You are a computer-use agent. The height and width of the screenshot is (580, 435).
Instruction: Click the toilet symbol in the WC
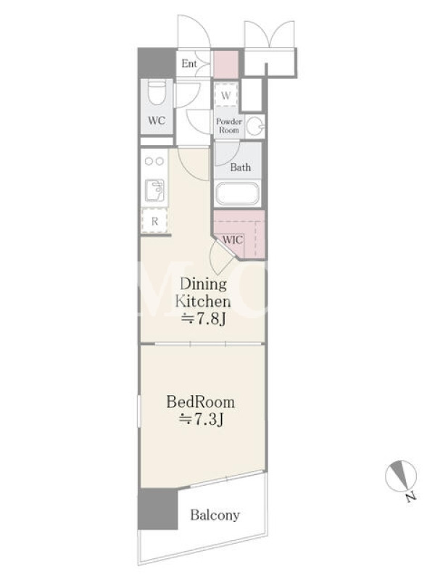[x=157, y=94]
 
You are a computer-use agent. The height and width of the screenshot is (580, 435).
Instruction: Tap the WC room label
[x=157, y=120]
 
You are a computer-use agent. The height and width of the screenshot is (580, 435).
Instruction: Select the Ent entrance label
[x=189, y=64]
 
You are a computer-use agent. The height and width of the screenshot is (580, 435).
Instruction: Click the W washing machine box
[x=225, y=95]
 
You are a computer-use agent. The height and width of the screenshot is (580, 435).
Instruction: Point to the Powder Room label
[x=229, y=125]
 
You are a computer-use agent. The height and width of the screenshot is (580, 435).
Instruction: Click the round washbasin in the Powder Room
[x=254, y=126]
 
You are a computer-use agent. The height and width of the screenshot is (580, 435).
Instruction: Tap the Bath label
[x=241, y=167]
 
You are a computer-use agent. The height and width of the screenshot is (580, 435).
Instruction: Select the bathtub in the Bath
[x=237, y=193]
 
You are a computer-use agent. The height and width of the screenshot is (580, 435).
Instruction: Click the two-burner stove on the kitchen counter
[x=154, y=161]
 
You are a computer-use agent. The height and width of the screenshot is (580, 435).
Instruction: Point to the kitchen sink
[x=154, y=190]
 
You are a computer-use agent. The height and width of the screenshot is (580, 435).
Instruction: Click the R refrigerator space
[x=154, y=221]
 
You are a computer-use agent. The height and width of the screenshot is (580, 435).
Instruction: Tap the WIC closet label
[x=233, y=240]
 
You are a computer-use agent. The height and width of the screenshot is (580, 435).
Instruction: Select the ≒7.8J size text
[x=203, y=319]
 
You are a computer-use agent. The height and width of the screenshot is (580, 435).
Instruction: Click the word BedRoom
[x=201, y=402]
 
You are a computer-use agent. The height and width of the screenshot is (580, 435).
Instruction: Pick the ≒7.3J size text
[x=201, y=420]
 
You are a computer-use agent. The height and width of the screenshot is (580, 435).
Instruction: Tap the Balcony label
[x=215, y=515]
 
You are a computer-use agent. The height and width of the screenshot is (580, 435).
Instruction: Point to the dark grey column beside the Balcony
[x=157, y=509]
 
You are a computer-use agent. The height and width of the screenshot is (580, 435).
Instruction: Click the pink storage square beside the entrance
[x=225, y=65]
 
